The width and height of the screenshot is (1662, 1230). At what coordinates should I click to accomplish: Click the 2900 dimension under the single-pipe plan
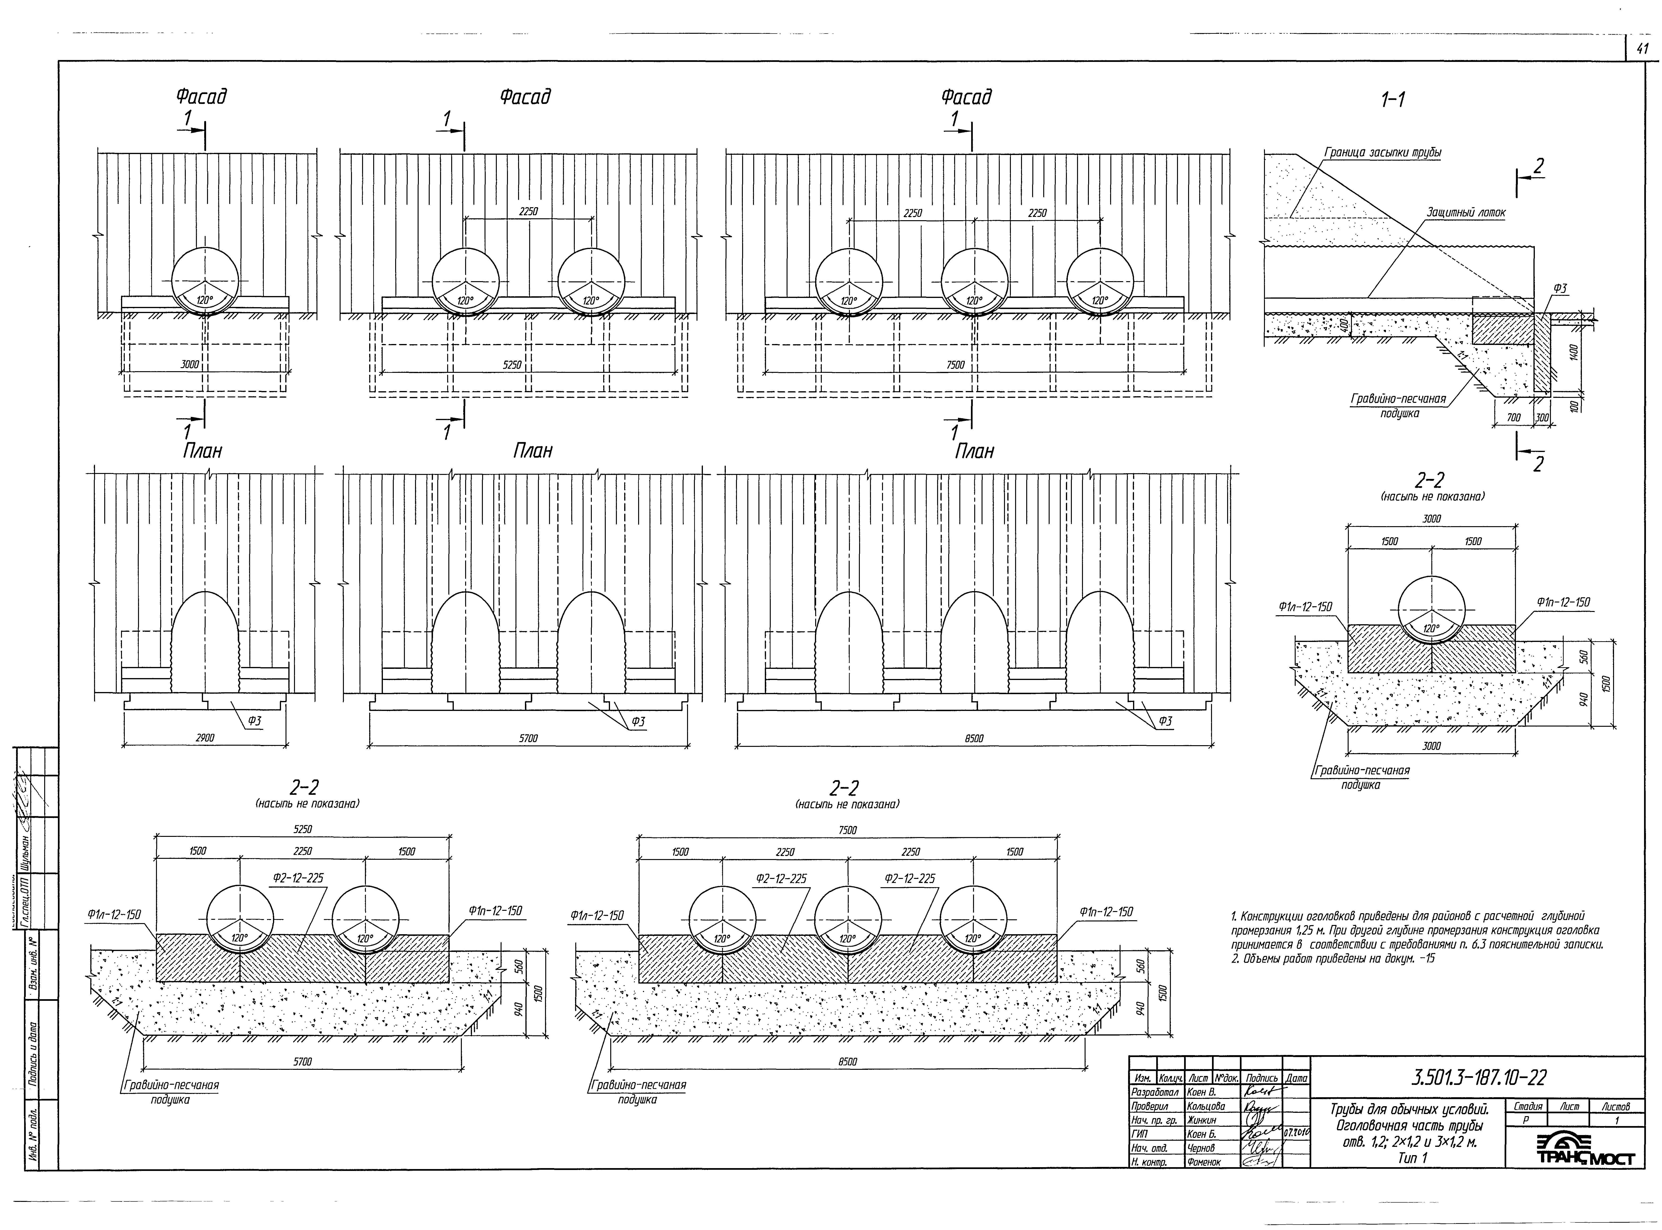205,738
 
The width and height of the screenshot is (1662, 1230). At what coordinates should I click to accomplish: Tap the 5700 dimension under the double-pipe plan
528,738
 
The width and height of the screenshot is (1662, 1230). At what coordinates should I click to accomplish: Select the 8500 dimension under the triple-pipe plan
974,738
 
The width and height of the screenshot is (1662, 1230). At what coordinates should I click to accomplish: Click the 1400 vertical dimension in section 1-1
1573,352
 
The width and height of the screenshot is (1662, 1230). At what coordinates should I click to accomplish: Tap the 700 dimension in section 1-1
1513,418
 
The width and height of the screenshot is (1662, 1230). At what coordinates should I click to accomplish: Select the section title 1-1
1391,99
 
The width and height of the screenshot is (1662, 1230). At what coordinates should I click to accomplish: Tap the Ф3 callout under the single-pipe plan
255,721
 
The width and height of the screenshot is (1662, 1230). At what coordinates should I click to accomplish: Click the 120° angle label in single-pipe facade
205,301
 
